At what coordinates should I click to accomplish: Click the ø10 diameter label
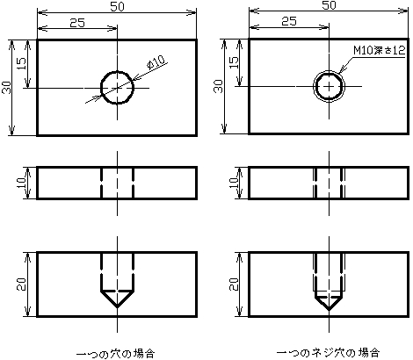tap(156, 62)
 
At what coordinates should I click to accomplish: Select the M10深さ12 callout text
tap(380, 50)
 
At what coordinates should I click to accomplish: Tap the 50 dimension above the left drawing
tap(117, 6)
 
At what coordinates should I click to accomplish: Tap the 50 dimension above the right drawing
tap(329, 5)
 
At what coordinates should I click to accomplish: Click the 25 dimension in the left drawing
tap(77, 23)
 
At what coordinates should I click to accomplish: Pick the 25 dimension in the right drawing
tap(289, 21)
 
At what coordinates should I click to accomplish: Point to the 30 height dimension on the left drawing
tap(6, 87)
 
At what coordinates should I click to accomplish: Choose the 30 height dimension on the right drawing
tap(219, 86)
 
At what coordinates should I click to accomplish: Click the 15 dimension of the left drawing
tap(21, 63)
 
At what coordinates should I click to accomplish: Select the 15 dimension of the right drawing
tap(234, 62)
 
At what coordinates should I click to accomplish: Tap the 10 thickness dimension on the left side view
tap(21, 183)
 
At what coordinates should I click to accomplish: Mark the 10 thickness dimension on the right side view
tap(234, 183)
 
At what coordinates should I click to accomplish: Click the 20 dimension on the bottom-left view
tap(21, 284)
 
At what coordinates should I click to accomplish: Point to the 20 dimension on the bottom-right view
tap(234, 284)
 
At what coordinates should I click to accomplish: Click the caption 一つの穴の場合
tap(115, 354)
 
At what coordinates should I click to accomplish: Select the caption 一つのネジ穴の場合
tap(329, 352)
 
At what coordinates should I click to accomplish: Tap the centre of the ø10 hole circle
tap(118, 88)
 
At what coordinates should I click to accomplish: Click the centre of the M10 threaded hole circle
tap(329, 86)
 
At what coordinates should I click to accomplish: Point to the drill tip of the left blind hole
tap(118, 307)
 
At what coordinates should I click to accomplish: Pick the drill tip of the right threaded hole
tap(329, 310)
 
